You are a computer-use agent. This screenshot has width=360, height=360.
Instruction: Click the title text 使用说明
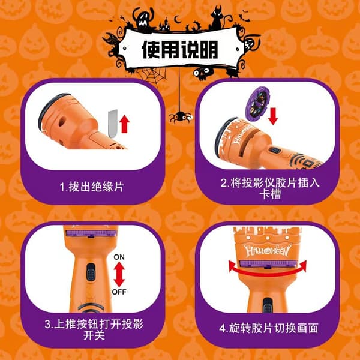coord(180,50)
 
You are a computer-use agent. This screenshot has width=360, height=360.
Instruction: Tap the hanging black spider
coord(181,116)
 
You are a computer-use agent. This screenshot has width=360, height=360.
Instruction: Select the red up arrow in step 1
coord(124,124)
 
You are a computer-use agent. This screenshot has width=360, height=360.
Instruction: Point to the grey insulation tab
coord(113,124)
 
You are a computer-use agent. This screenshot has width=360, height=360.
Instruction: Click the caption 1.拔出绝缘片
coord(92,187)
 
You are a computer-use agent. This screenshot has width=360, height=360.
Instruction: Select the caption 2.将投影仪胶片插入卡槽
coord(270,188)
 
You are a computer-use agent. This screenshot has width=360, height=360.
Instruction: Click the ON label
coord(119,257)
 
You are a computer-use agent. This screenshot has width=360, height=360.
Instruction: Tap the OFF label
coord(119,292)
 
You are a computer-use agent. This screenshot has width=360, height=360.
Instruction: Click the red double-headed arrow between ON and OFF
coord(119,274)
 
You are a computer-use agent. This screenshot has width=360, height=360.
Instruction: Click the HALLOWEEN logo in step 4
coord(268,250)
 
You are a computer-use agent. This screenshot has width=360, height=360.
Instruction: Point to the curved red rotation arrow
coord(268,273)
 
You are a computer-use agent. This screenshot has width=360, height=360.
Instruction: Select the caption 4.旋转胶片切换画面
coord(269,328)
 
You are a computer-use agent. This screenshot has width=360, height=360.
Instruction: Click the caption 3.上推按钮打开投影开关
coord(94,329)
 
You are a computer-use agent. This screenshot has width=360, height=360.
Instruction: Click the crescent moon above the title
coord(177,19)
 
